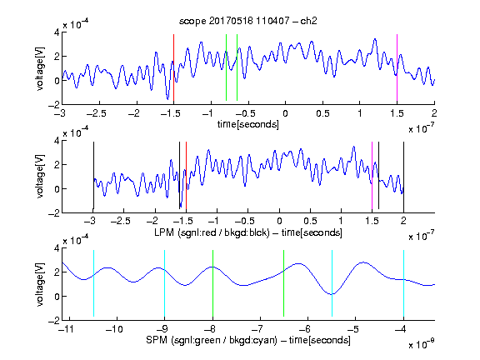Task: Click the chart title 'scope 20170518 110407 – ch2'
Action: point(248,21)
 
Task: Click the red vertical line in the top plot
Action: point(174,67)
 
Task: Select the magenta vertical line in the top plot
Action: point(397,67)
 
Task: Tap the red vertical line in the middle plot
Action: point(186,175)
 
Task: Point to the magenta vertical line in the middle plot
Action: point(372,175)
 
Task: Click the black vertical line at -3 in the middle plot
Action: point(93,175)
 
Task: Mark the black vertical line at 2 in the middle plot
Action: point(403,175)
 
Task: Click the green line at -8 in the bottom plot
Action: point(212,283)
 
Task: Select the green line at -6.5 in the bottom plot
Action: point(284,283)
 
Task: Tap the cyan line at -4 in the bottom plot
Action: point(403,283)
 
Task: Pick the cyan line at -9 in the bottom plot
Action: point(165,283)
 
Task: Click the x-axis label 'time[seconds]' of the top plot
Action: point(248,124)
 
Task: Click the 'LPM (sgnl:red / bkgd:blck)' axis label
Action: point(212,232)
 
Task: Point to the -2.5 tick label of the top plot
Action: point(96,113)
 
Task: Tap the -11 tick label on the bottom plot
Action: point(66,329)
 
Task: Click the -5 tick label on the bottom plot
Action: point(353,329)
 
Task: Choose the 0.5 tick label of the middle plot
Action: point(310,221)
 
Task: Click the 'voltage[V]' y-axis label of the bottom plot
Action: point(40,284)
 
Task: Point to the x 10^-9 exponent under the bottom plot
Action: point(422,343)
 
